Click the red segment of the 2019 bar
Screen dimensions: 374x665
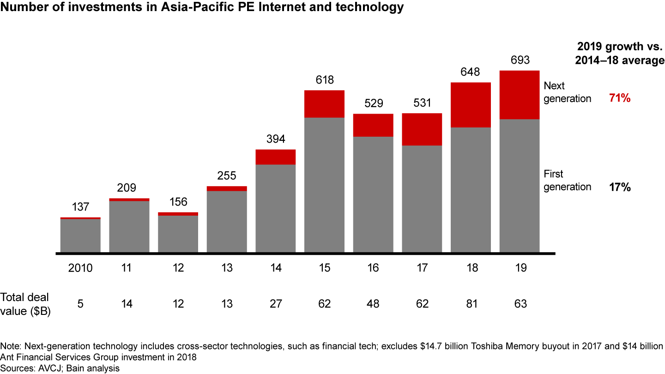click(x=520, y=95)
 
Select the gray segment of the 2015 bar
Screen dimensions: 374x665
click(x=324, y=185)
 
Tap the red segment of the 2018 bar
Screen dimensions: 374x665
click(x=471, y=104)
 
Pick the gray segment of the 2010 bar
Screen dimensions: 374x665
click(x=80, y=235)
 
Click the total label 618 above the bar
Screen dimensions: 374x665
click(x=324, y=80)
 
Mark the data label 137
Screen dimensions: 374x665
click(x=80, y=207)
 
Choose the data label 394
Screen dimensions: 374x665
click(x=275, y=139)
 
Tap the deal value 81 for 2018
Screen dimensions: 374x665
click(x=471, y=304)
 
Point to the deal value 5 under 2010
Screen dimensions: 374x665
click(x=80, y=304)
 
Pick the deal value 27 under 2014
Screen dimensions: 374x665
click(x=275, y=304)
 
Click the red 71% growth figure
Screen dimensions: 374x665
click(x=620, y=98)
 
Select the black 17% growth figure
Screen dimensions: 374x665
click(x=620, y=187)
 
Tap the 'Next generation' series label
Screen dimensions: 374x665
click(x=567, y=92)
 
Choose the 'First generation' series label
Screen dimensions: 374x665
click(x=567, y=181)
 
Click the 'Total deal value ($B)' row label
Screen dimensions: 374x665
click(x=26, y=304)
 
